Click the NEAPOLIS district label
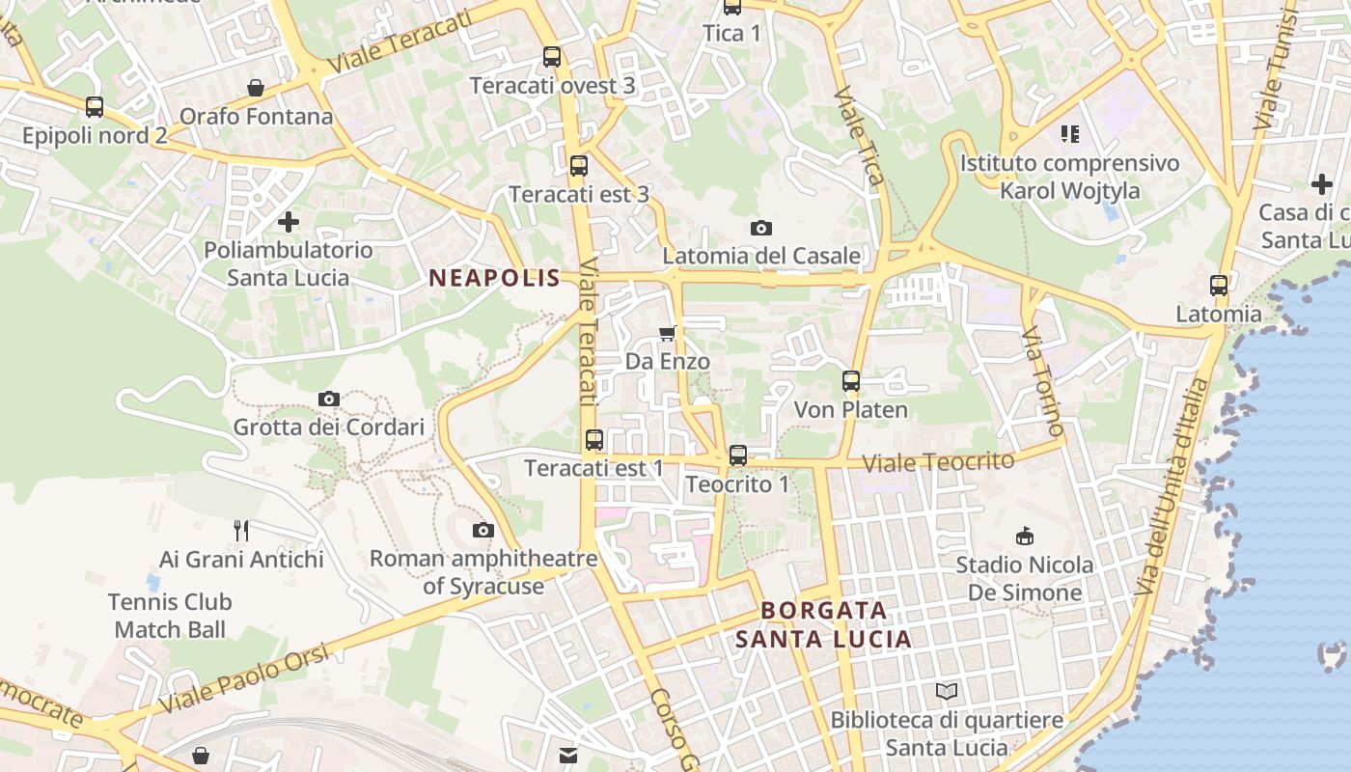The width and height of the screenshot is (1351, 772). (x=494, y=278)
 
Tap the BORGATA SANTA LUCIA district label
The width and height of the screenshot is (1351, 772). (x=823, y=624)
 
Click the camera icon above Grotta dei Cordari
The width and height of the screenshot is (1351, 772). (x=329, y=399)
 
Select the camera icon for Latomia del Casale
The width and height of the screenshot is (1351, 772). (x=761, y=228)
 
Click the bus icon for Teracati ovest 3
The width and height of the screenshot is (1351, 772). (x=552, y=57)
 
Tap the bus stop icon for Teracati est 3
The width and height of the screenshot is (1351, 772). (x=579, y=165)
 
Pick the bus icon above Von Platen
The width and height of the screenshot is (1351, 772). (x=851, y=381)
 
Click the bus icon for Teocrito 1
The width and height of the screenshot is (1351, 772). (x=738, y=455)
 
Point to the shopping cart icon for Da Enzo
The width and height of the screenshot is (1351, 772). (x=667, y=334)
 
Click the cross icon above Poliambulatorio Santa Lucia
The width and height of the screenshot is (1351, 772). (x=288, y=222)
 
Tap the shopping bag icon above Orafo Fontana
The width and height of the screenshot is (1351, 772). (x=256, y=89)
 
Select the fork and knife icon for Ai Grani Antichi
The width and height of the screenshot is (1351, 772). (x=241, y=530)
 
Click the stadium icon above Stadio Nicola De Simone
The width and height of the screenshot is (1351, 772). (x=1025, y=536)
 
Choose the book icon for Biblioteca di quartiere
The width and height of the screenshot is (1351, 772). (x=948, y=691)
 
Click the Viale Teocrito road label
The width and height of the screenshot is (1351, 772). (x=938, y=462)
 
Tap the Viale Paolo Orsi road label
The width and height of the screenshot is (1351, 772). (x=244, y=678)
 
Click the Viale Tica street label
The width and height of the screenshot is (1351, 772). (x=858, y=135)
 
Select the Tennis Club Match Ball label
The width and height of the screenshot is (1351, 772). (x=170, y=616)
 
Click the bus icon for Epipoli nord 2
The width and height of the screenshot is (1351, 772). (x=95, y=107)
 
